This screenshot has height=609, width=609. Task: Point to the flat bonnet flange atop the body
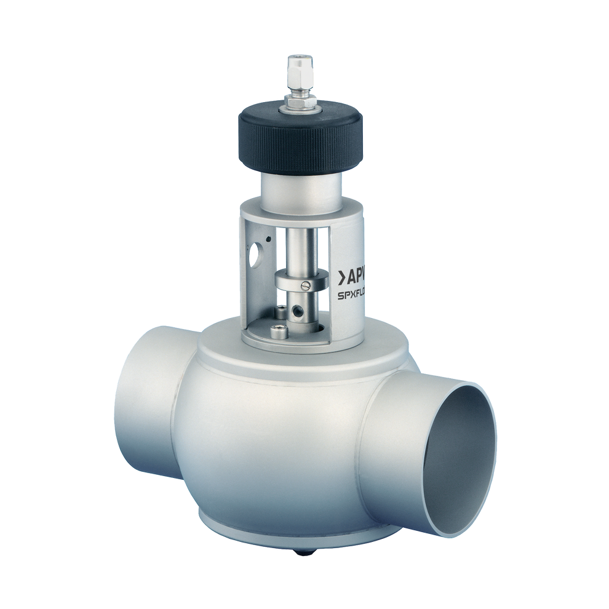click(289, 357)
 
